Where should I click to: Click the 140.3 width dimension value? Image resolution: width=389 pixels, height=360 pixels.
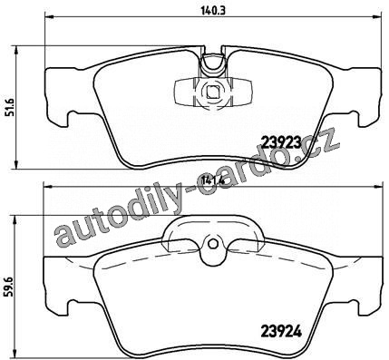pos(213,11)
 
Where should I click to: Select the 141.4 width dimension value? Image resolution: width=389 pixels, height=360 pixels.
pos(213,180)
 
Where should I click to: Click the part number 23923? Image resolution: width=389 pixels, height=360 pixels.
pos(281,141)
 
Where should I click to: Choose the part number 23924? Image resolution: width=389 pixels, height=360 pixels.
pos(281,333)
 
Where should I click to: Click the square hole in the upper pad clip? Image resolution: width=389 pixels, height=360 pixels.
pos(212,91)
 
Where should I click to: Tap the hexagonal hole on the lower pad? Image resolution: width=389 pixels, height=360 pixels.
pos(212,244)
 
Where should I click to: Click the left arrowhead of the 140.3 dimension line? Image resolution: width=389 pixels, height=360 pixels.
pos(49,17)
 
